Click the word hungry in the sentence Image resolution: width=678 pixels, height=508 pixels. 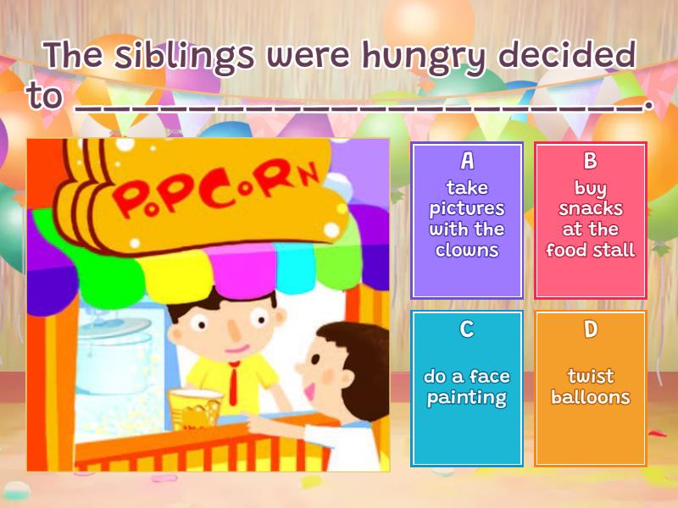pos(424,56)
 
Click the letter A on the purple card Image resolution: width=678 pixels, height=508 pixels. pos(467,161)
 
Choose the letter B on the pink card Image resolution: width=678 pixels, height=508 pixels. pos(591,161)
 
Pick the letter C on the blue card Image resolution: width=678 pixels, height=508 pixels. pos(467,329)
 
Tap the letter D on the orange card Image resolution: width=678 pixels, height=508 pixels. pos(591,329)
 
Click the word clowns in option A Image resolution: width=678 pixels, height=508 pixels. pos(467,250)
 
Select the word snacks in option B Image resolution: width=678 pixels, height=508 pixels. pos(591,208)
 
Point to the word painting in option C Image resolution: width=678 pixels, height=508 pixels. pos(467,398)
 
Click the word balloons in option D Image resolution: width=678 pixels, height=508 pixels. pos(591,397)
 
